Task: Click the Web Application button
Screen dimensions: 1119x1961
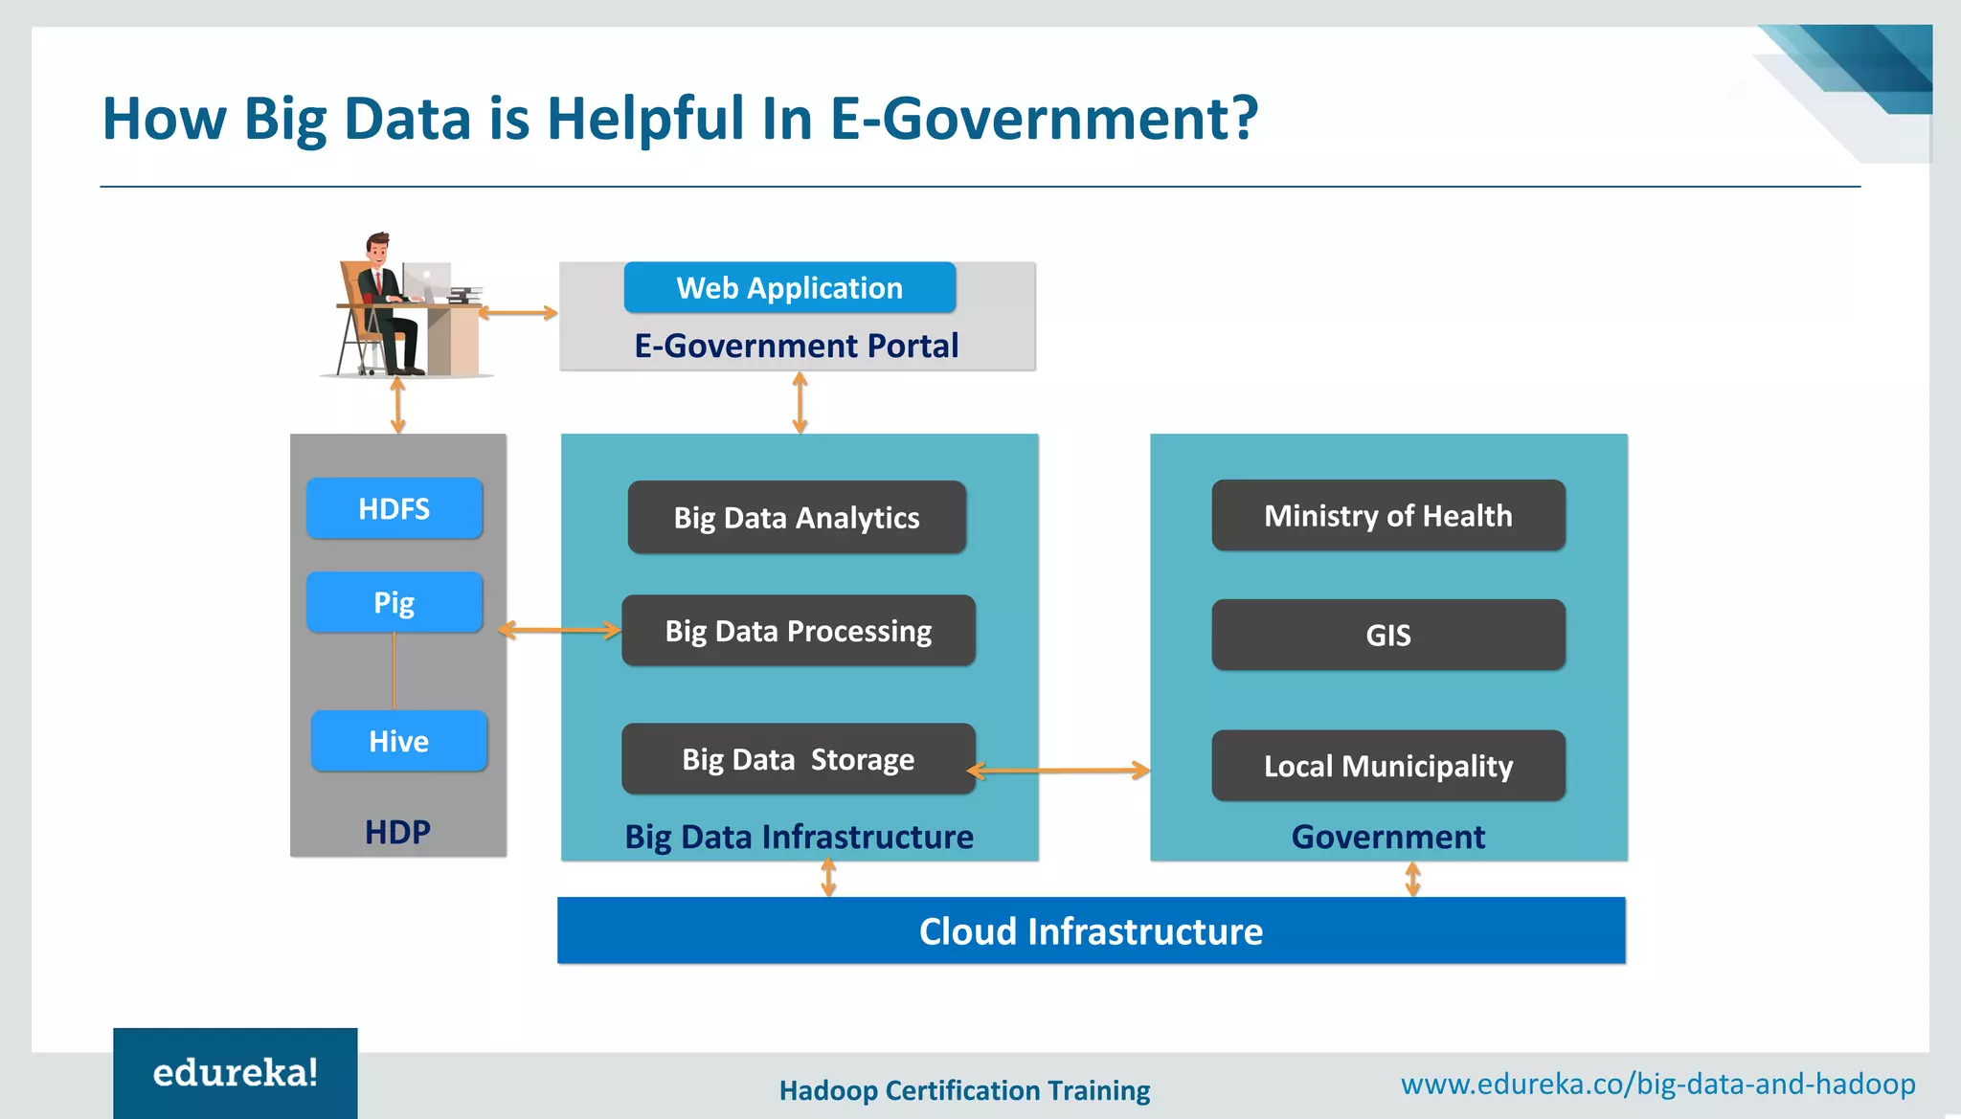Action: [789, 287]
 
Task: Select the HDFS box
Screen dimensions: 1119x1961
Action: [394, 508]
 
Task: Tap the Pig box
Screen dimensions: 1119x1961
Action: [394, 602]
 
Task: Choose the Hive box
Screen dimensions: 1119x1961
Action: [398, 741]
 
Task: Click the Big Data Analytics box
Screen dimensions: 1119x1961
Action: [797, 517]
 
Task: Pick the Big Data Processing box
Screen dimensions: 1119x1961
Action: [798, 631]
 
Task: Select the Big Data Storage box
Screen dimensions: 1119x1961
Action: [798, 759]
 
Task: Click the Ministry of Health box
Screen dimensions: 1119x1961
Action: [1387, 516]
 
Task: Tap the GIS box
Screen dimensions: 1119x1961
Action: [1387, 635]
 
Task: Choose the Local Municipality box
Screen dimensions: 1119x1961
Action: [1387, 766]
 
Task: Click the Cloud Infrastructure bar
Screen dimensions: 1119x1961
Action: [1091, 930]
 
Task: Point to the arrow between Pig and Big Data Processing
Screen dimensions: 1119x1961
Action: [560, 630]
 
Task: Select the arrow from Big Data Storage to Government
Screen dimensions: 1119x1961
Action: [1058, 770]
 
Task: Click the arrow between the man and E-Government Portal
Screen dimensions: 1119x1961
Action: [518, 312]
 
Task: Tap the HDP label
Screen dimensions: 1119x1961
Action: [397, 832]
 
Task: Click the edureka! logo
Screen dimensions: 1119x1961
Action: [236, 1073]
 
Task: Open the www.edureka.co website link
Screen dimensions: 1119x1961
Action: [1657, 1084]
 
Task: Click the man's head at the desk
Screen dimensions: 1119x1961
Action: [378, 249]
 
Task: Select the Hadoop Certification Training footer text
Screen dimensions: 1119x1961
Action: [964, 1090]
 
